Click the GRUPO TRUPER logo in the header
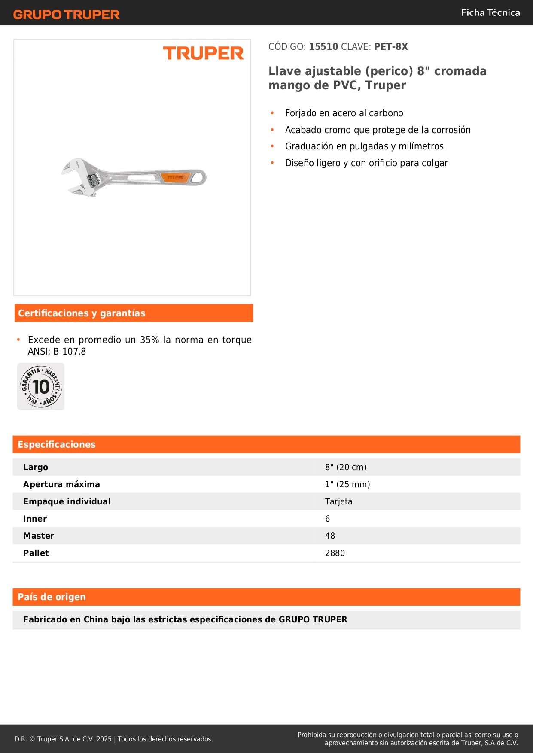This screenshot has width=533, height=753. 66,14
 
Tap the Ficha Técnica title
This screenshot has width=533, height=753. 490,12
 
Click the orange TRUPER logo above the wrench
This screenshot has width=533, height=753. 203,53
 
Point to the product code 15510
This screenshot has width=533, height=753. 323,46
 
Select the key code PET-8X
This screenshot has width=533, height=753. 391,46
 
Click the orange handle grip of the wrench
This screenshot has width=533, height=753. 175,177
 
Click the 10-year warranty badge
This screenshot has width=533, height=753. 41,386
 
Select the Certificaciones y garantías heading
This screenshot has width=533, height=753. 82,313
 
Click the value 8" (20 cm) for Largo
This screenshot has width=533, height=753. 346,467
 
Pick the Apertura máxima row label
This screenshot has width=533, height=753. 61,484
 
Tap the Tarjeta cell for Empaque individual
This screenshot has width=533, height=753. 338,501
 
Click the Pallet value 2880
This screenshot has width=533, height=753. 335,553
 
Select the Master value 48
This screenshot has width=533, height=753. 330,536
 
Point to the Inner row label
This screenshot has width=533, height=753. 35,519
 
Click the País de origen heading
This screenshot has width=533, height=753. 52,597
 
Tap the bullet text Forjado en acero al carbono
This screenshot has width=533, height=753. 344,113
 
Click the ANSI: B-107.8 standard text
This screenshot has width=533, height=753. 57,351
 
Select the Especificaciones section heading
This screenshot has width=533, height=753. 56,444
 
